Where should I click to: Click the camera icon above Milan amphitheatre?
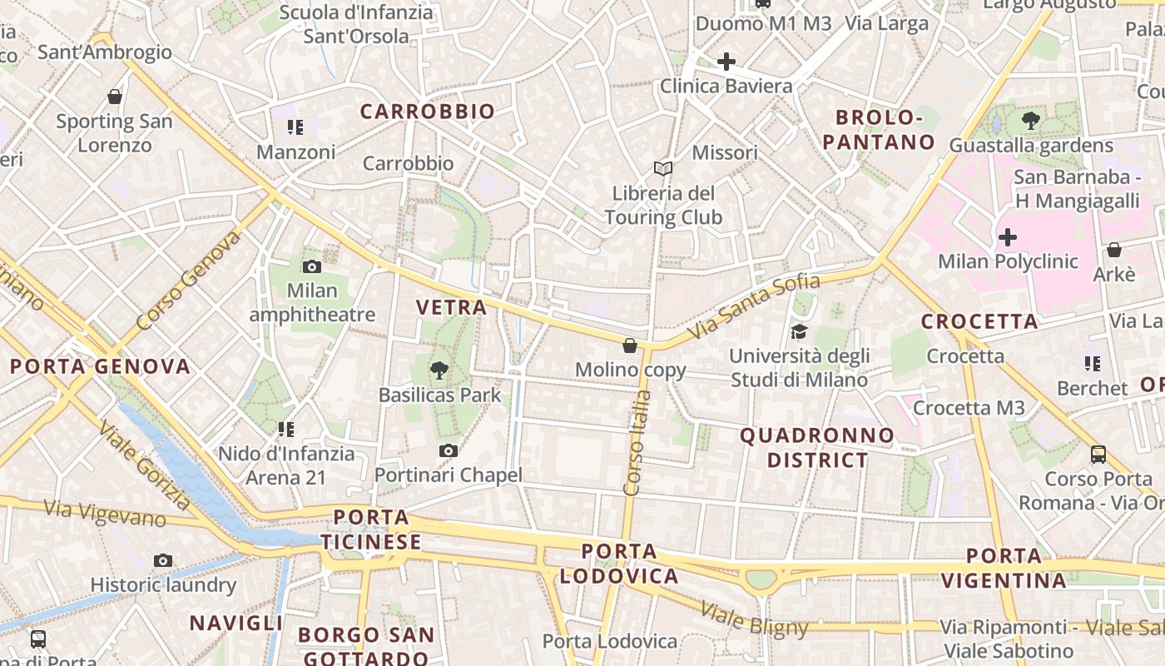click(312, 266)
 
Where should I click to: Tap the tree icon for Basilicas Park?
click(439, 370)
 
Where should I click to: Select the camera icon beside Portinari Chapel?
click(449, 450)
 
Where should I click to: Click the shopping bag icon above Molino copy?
click(630, 345)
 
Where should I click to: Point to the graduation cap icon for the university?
click(799, 331)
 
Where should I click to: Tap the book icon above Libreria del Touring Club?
click(662, 169)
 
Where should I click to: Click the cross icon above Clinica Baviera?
click(726, 61)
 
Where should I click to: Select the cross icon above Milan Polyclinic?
click(1008, 237)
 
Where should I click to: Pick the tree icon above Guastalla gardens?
click(1031, 121)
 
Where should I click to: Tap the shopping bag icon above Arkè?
click(1114, 250)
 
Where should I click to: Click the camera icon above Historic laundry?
click(163, 560)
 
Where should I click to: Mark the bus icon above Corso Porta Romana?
click(1098, 454)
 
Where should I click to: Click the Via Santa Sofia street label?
click(754, 306)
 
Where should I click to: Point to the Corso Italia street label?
click(637, 443)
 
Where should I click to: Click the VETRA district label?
click(451, 307)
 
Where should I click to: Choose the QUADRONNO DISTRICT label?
click(817, 447)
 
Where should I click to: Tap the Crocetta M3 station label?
click(969, 408)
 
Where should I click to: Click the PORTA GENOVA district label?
click(100, 366)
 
